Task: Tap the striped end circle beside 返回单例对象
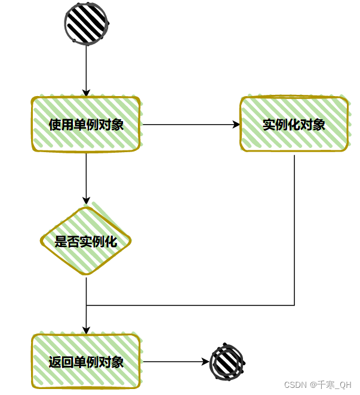click(227, 362)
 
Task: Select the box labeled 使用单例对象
click(86, 125)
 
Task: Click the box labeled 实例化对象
click(294, 125)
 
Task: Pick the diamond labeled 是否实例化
click(86, 242)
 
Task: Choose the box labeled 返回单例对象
click(86, 362)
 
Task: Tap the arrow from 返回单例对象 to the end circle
click(176, 362)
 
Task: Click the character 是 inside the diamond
click(60, 242)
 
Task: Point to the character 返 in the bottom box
click(55, 362)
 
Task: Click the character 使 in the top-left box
click(55, 125)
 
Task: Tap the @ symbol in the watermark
click(312, 384)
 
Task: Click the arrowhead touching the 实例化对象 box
click(236, 125)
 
